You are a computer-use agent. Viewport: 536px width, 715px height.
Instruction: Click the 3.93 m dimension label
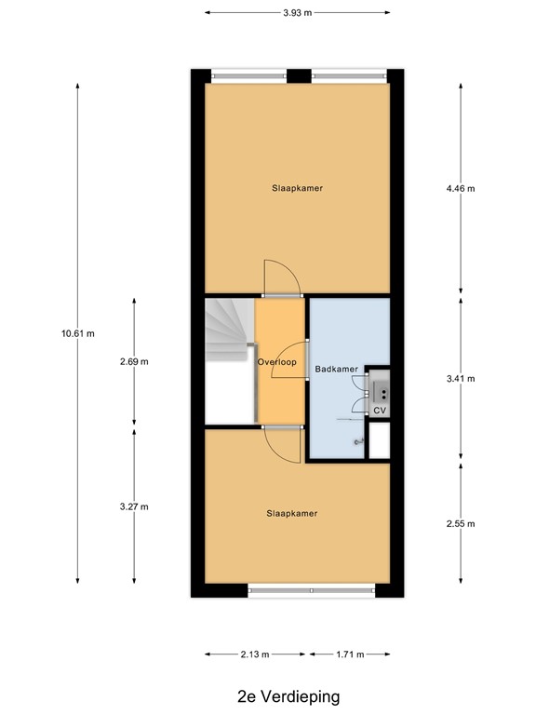pos(297,13)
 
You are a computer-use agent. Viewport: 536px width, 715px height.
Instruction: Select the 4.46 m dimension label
pos(461,188)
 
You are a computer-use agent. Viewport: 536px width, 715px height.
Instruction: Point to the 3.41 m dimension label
pos(461,379)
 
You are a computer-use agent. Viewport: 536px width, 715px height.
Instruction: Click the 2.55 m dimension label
pos(461,523)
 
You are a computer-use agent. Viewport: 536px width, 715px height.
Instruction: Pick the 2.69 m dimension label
pos(134,361)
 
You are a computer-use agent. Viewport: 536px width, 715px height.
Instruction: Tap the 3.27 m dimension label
pos(134,506)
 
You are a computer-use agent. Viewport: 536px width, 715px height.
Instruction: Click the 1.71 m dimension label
pos(349,654)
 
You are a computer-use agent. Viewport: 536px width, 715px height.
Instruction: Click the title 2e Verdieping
pos(288,695)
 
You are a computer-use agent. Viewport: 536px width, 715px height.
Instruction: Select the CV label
pos(380,410)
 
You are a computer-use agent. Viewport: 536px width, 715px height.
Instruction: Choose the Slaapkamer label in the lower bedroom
pos(292,513)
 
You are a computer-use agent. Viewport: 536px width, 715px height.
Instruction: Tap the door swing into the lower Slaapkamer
pos(283,443)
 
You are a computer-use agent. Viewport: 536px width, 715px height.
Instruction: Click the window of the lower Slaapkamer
pos(311,588)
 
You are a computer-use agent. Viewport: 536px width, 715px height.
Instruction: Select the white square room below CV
pos(379,440)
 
